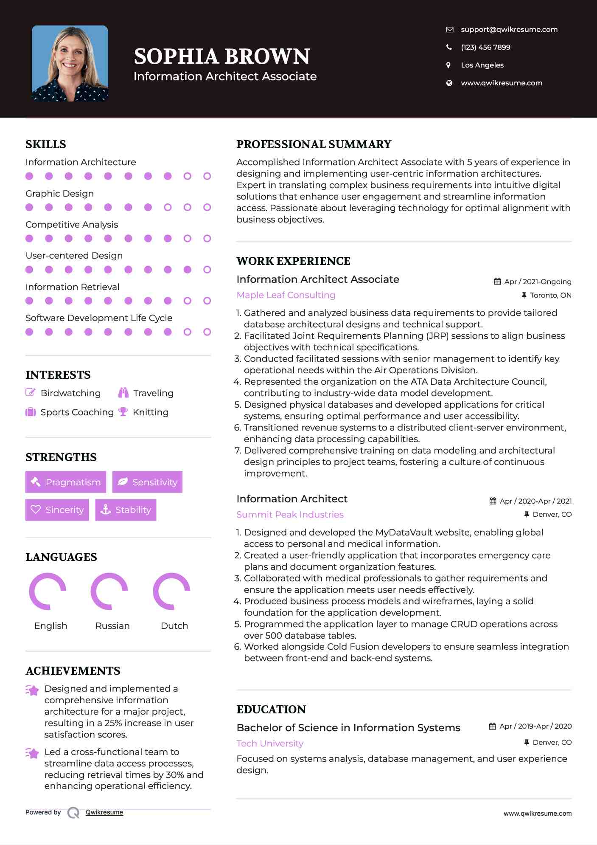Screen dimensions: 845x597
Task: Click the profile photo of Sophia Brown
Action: pos(70,63)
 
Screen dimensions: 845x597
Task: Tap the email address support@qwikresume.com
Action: pos(509,29)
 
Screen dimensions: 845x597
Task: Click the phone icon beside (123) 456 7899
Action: pos(449,47)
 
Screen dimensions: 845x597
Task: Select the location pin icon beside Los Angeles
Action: pos(448,65)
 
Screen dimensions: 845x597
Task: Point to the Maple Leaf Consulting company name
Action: pos(286,295)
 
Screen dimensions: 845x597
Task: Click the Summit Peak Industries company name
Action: pos(290,515)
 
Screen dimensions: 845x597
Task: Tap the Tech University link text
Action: pos(270,744)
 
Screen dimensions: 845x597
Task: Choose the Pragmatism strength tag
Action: pos(66,482)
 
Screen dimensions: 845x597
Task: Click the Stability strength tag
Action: pos(126,510)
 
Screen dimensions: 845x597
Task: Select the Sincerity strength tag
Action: pos(57,510)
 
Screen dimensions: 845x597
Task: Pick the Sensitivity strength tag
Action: pos(147,482)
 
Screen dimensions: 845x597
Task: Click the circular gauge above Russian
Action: pos(109,591)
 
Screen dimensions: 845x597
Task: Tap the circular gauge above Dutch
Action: pos(171,591)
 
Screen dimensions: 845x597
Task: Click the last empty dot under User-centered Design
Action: pos(207,270)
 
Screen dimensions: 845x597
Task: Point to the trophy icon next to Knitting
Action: pos(123,412)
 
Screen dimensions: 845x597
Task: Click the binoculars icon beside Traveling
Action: pos(123,393)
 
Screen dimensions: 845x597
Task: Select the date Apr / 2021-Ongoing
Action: pos(537,282)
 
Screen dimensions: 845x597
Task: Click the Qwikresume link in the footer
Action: pos(104,812)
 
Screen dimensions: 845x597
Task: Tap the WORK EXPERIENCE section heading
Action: pos(293,261)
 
